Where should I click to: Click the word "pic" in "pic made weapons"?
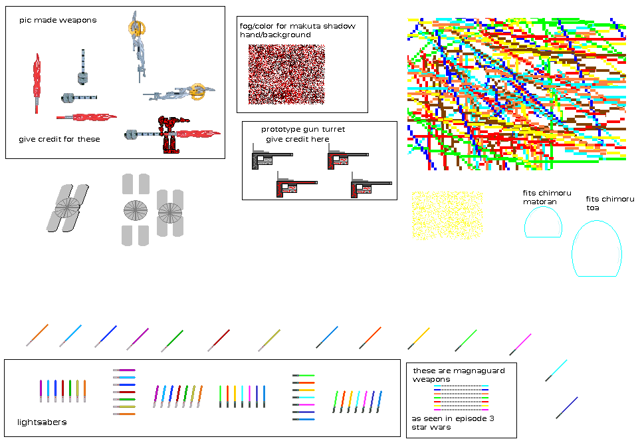25,21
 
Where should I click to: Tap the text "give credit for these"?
59,140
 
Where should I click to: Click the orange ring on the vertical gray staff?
136,28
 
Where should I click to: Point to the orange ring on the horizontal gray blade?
196,91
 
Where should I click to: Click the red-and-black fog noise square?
286,74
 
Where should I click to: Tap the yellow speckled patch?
446,215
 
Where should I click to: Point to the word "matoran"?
539,202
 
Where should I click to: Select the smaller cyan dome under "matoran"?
543,223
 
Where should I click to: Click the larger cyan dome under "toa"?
596,250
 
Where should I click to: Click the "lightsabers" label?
42,422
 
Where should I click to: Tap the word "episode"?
466,418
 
